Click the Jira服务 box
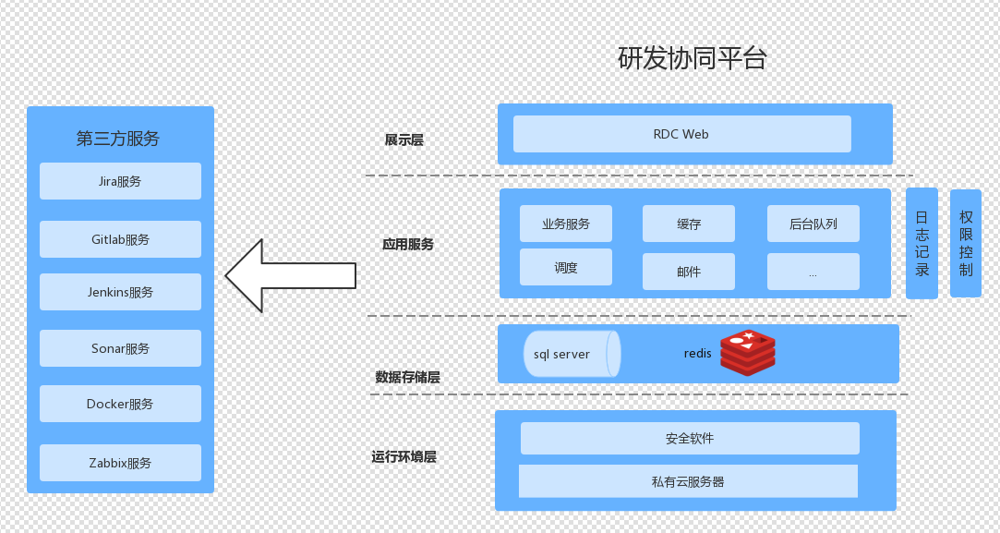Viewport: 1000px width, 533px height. (120, 181)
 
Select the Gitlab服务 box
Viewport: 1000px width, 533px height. (120, 239)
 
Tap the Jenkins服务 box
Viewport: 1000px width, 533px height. (120, 292)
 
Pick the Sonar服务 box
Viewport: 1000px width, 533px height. (120, 348)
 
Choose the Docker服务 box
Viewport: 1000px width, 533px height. (120, 404)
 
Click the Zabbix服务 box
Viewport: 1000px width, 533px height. (120, 463)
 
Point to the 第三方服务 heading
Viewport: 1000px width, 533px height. (118, 139)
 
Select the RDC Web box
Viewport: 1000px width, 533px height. (681, 134)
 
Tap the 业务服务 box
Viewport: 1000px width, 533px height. (566, 224)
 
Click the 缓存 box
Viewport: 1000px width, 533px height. (689, 224)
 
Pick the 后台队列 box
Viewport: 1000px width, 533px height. (813, 224)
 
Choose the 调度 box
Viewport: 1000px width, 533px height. (566, 267)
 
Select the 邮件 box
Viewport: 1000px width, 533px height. (689, 272)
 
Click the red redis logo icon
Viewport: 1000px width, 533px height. (748, 352)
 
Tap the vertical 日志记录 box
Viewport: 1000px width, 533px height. (922, 243)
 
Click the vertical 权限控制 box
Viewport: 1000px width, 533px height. (966, 243)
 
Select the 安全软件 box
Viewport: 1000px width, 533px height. (690, 438)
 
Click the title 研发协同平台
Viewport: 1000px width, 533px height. (693, 59)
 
